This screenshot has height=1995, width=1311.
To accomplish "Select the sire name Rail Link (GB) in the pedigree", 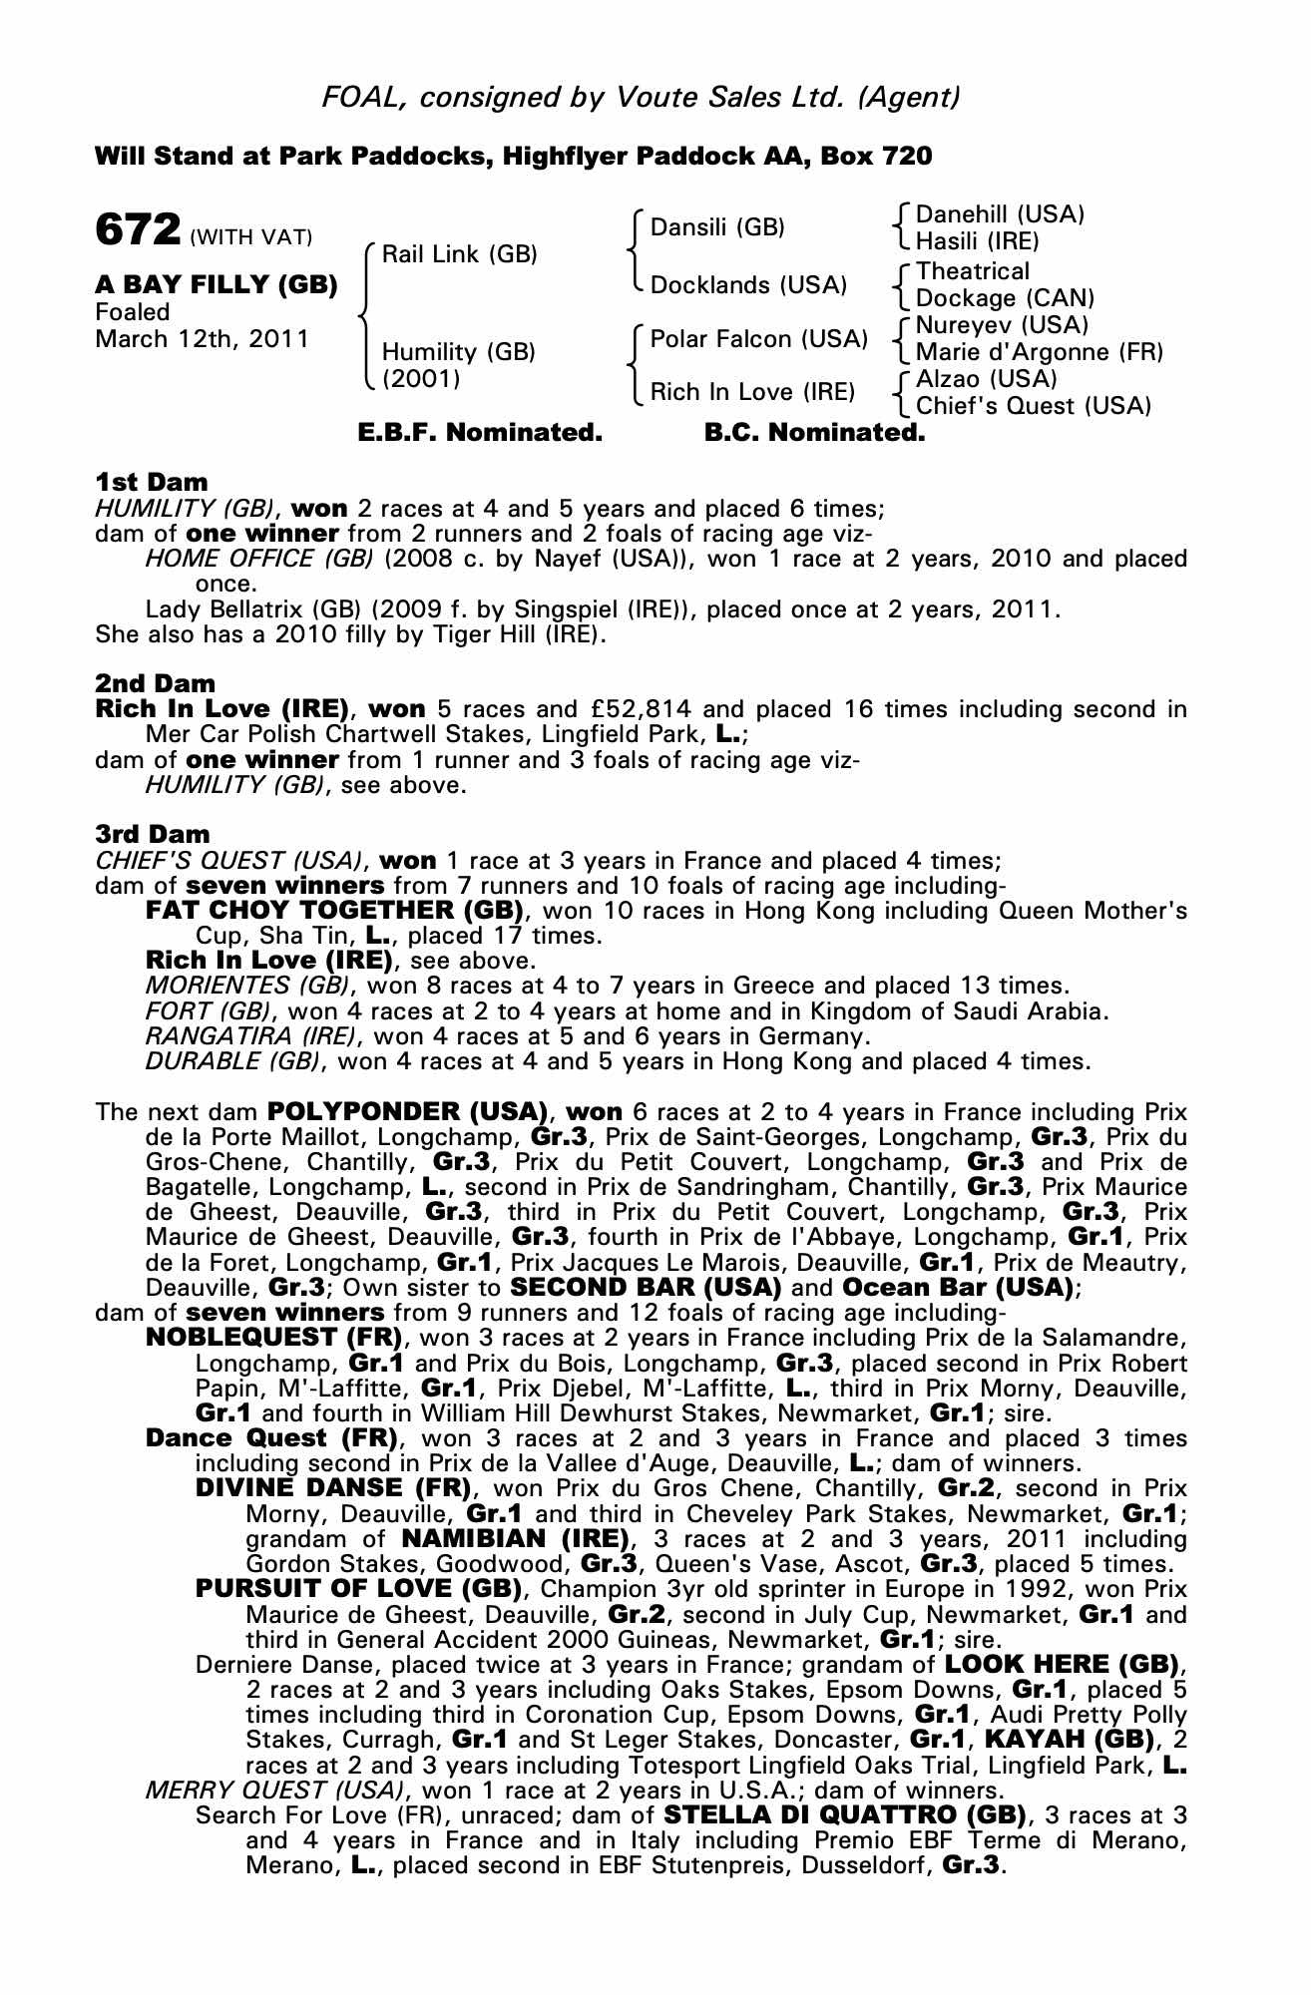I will coord(459,254).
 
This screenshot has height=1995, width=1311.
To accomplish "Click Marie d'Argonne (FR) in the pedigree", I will coord(1039,352).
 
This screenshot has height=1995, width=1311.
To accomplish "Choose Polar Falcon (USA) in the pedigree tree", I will coord(758,339).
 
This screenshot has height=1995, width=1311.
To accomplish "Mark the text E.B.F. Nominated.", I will coord(480,433).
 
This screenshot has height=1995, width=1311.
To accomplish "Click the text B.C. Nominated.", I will coord(814,433).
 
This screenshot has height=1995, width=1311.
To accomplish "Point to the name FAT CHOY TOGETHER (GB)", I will coord(335,910).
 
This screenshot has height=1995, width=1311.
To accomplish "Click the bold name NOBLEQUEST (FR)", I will coord(274,1337).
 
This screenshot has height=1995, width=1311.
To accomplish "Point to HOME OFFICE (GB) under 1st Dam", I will coord(259,558).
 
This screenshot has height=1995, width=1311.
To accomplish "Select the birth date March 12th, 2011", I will coord(202,339).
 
